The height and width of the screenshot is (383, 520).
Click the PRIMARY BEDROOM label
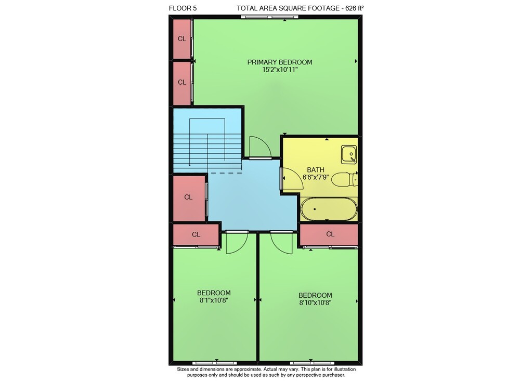tap(280, 62)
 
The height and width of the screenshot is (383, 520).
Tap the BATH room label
tap(316, 169)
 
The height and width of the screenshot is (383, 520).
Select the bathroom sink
tap(349, 154)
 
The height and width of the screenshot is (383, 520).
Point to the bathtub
tap(329, 209)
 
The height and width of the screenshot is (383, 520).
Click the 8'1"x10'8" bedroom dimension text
tap(214, 300)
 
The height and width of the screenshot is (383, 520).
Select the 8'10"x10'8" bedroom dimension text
tap(315, 302)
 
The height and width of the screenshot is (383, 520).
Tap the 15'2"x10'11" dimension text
tap(280, 70)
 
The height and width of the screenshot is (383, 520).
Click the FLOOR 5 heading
tap(183, 8)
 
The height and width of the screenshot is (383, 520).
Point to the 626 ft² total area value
tap(355, 8)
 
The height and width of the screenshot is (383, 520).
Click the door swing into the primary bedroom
tap(261, 148)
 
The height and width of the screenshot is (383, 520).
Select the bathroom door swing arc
tap(293, 178)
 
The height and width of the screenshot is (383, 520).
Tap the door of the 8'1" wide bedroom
tap(237, 243)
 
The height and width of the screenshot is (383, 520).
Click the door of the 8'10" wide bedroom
tap(281, 243)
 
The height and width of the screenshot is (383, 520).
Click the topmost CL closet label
tap(181, 39)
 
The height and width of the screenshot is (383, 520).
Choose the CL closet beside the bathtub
tap(330, 234)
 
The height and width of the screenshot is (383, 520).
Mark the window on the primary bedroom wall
tap(269, 17)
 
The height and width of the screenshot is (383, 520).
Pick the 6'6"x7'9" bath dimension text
tap(316, 177)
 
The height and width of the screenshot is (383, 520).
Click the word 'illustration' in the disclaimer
tap(345, 369)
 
